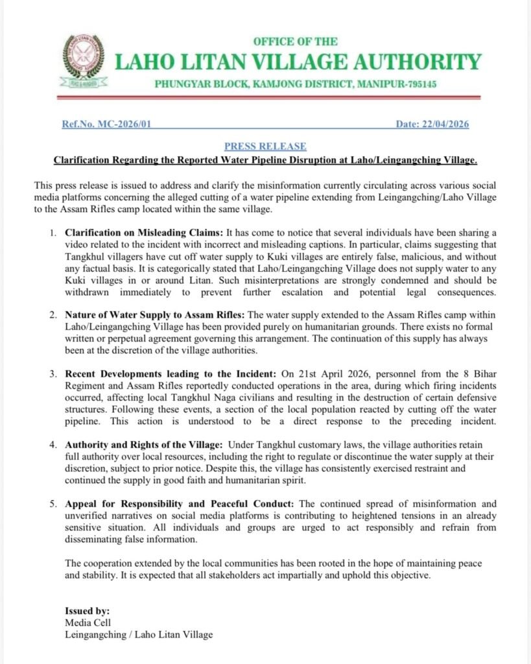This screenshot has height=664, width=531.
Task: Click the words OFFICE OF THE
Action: click(x=295, y=41)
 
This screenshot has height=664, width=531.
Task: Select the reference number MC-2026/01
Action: click(x=129, y=124)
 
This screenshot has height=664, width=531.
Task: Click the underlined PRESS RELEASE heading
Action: click(x=265, y=147)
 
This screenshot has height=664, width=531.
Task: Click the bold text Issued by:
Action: click(x=88, y=610)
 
